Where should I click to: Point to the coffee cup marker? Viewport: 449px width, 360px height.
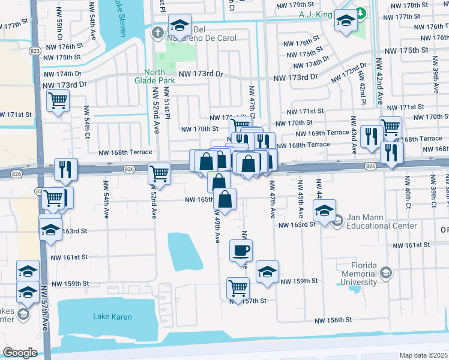(x=241, y=251)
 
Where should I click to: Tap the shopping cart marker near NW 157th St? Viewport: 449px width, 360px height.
(x=238, y=287)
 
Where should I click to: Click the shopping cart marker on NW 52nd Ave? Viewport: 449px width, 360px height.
(x=159, y=173)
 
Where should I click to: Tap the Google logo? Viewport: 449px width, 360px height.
(x=20, y=352)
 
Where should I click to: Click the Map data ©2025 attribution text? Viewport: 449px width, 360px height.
(x=423, y=355)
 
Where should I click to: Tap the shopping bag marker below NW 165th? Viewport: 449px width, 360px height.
(x=224, y=199)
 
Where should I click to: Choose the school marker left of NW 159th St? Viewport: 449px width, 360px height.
(x=267, y=271)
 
